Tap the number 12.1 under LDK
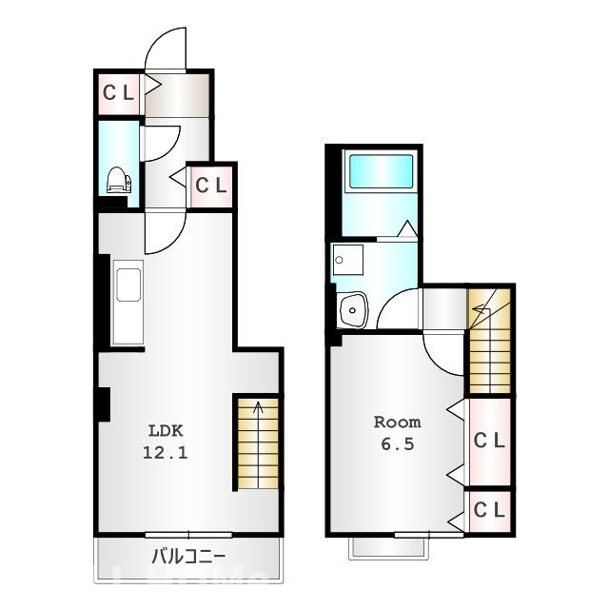coord(166,453)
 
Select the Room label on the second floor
coord(396,422)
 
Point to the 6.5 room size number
coord(396,443)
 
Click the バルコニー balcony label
coord(187,556)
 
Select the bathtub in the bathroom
coord(380,171)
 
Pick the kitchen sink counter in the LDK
coord(127,303)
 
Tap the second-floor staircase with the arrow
coord(489,339)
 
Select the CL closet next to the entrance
coord(119,93)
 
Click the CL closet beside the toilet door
coord(211,186)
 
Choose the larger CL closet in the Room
coord(489,441)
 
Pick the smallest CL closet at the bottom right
coord(489,510)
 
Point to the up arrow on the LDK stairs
coord(257,411)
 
